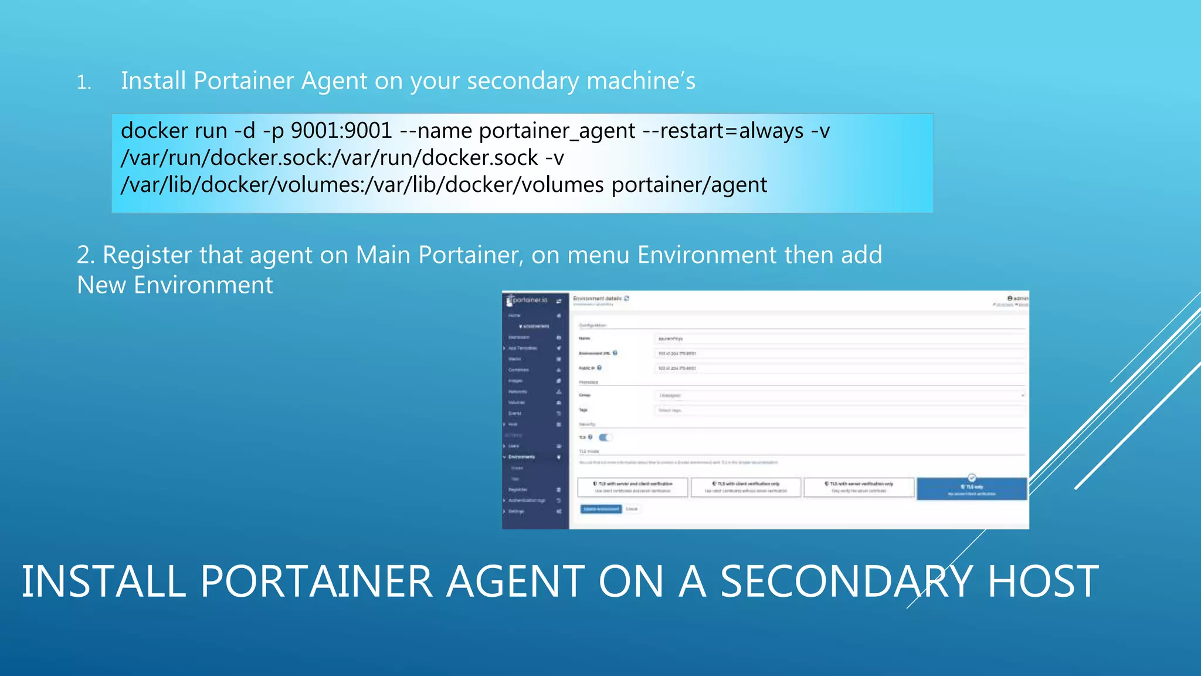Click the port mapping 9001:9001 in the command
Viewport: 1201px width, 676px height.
[341, 131]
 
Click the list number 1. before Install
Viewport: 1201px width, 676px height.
[84, 83]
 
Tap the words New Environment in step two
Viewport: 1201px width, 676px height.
[175, 285]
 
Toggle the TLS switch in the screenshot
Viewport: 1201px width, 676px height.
[605, 437]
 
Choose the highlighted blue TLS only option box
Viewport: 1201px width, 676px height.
[971, 489]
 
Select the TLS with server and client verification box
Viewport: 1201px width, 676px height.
[632, 487]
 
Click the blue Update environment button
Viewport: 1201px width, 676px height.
[600, 509]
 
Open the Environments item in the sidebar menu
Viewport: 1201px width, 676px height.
[521, 457]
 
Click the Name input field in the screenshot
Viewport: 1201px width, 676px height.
[839, 339]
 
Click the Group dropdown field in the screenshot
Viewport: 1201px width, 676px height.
[839, 396]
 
